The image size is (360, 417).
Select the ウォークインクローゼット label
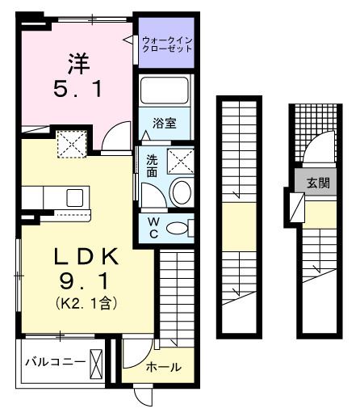pos(167,44)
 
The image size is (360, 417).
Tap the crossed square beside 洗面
pos(182,161)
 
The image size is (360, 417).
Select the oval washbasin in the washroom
pos(182,192)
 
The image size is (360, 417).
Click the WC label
pos(151,226)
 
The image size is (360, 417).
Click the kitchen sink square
pos(75,196)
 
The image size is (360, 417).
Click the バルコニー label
pos(53,361)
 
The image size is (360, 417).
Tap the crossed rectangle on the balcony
pos(97,362)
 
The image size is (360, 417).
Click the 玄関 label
pos(317,183)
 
